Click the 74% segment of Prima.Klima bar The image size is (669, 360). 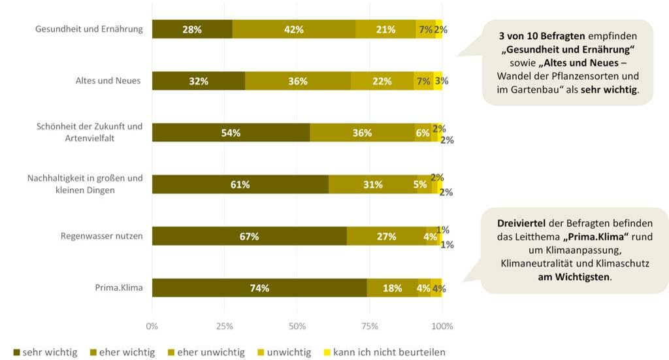point(259,287)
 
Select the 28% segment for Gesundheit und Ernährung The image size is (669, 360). point(192,29)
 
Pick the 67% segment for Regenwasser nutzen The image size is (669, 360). point(250,237)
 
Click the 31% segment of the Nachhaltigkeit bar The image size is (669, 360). point(373,184)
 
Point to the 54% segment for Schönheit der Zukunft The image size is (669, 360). point(231,133)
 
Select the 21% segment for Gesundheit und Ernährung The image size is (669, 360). point(385,29)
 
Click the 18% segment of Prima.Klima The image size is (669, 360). point(392,287)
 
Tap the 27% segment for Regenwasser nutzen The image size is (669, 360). point(386,237)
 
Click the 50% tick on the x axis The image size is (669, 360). point(297,325)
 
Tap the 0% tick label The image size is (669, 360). point(152,325)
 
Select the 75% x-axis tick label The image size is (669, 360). point(370,325)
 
